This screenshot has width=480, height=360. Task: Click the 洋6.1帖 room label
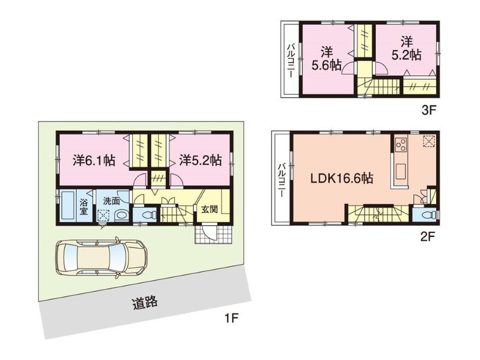[94, 160]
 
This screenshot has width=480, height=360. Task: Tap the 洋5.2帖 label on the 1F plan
[200, 160]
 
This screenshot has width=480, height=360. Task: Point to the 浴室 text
[84, 206]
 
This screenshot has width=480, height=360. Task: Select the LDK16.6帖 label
[342, 179]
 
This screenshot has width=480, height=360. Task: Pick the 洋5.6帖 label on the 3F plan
[326, 59]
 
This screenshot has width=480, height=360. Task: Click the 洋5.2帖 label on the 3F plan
[406, 48]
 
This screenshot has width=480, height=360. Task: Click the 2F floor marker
[428, 237]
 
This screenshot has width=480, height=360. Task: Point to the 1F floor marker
[232, 318]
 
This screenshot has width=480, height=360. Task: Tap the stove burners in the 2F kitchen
[400, 144]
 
